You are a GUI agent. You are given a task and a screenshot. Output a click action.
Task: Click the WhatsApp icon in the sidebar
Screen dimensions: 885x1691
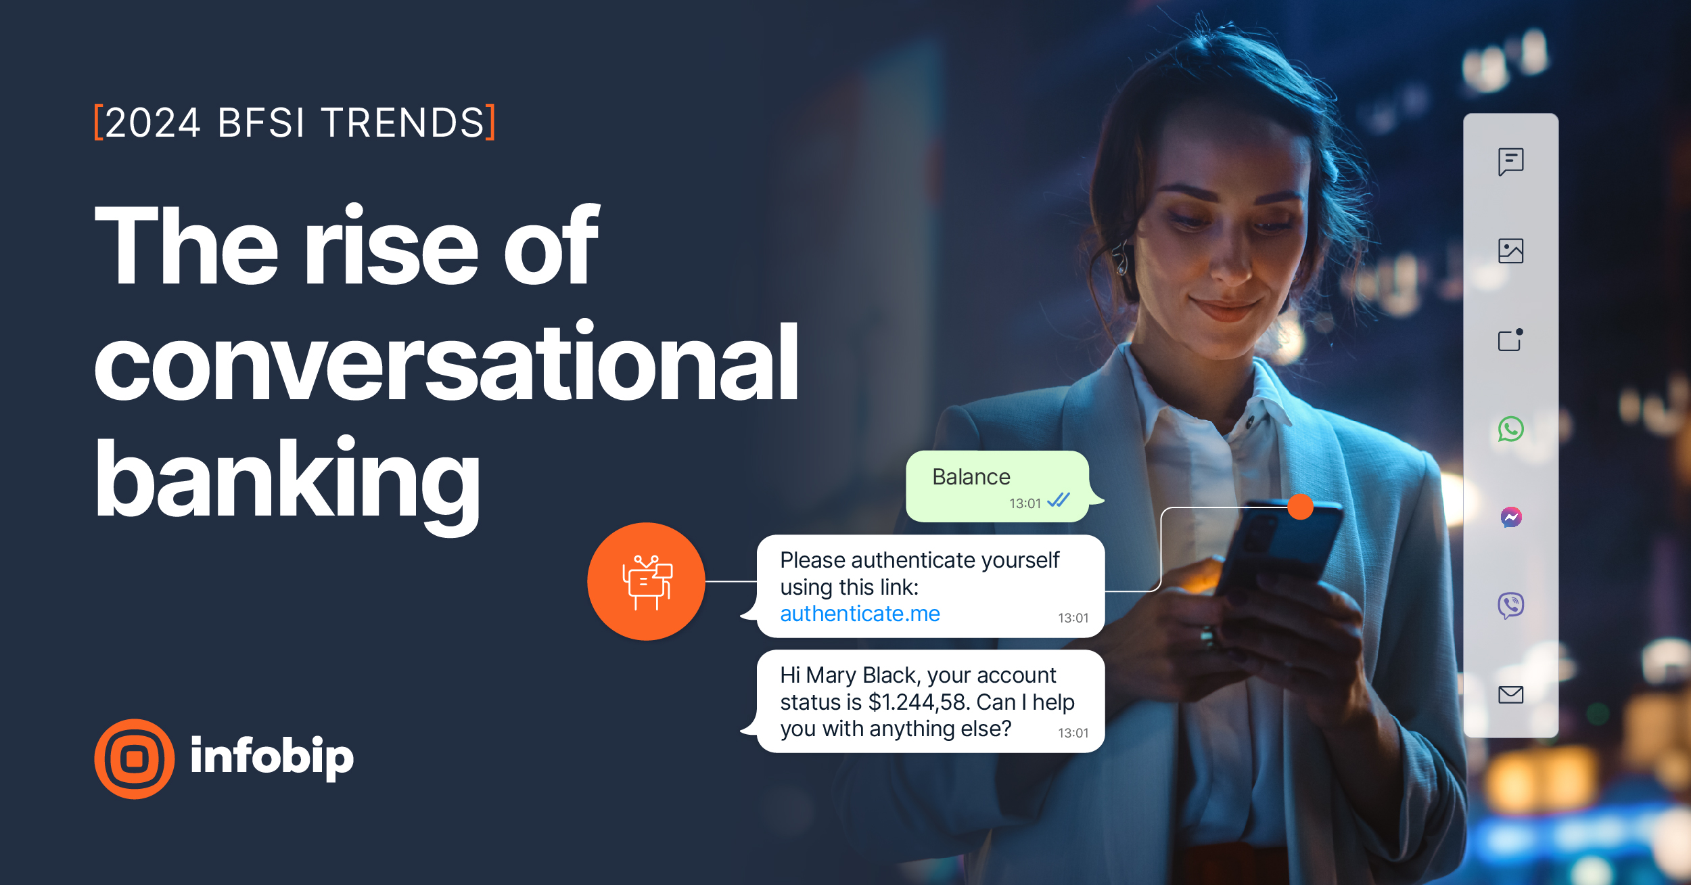point(1510,429)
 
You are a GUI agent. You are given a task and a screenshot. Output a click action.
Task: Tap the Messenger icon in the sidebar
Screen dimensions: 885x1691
point(1511,518)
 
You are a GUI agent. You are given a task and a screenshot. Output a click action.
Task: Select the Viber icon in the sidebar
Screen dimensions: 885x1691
point(1510,606)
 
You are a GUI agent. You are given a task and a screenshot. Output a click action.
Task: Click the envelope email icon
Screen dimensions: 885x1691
point(1510,694)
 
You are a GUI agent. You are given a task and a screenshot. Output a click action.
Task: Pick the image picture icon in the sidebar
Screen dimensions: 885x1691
point(1510,251)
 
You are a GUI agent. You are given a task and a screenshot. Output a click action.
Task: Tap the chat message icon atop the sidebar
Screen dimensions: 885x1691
point(1510,162)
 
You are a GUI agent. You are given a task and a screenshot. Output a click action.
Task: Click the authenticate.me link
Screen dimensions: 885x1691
point(860,614)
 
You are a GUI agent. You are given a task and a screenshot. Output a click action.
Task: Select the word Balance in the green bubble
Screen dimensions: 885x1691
point(971,477)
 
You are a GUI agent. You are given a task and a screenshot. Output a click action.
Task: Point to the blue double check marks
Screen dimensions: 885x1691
point(1058,501)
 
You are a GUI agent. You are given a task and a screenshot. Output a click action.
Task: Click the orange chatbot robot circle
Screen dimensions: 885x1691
point(646,581)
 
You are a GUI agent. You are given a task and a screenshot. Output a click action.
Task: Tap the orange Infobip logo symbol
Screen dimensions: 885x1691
point(135,758)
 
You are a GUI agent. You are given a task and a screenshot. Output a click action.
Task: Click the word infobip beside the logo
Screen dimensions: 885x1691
point(272,756)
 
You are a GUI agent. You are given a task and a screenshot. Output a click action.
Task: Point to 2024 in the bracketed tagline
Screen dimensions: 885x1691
point(153,123)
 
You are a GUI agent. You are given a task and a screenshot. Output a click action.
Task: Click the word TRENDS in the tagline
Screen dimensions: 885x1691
point(403,123)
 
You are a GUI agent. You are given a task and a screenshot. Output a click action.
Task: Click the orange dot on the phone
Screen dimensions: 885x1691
point(1300,506)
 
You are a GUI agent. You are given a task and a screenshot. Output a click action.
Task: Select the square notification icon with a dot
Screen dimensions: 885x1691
point(1510,340)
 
